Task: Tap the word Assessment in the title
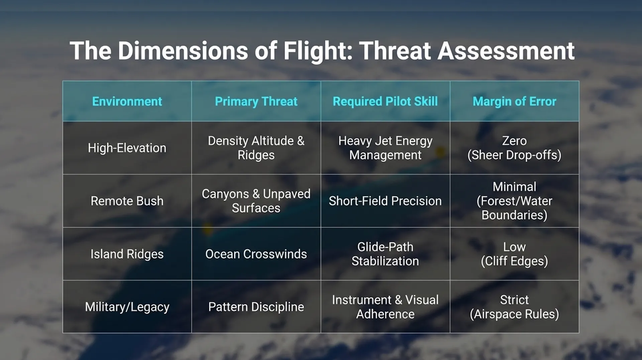click(x=506, y=51)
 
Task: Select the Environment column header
click(x=127, y=101)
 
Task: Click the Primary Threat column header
click(x=256, y=101)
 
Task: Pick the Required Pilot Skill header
click(x=385, y=101)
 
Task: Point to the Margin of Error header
click(x=515, y=101)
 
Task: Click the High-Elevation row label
click(x=127, y=148)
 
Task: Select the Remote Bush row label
click(x=127, y=201)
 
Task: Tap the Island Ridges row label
click(x=127, y=254)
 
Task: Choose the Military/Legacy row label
click(x=127, y=307)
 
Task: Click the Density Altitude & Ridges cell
click(x=256, y=148)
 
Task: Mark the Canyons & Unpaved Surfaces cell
click(x=256, y=201)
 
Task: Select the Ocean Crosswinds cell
click(x=256, y=254)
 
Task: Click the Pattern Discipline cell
click(x=256, y=307)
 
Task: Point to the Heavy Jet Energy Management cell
click(x=385, y=148)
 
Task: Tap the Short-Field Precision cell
click(x=385, y=201)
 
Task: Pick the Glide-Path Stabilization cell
click(x=385, y=254)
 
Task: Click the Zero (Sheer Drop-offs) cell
click(x=515, y=148)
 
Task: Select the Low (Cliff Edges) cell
click(x=515, y=254)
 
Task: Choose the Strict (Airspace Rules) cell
click(x=515, y=307)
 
